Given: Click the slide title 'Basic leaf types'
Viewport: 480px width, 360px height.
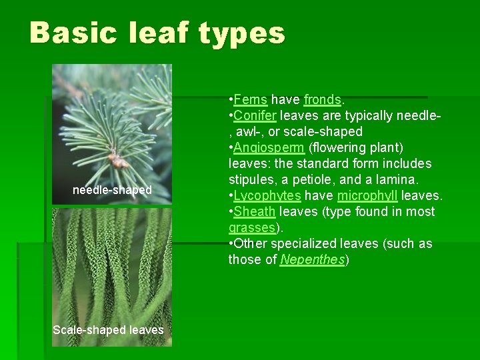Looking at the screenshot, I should coord(157,32).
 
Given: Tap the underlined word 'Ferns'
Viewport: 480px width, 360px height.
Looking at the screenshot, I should coord(251,99).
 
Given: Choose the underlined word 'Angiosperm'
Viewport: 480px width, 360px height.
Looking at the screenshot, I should coord(266,147).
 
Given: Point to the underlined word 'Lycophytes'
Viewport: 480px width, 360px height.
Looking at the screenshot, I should coord(267,195).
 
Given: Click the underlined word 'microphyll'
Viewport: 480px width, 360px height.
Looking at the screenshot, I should coord(368,195).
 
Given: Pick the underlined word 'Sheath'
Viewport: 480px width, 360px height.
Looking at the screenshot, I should coord(255,211).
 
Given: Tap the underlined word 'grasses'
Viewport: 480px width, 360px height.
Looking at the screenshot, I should coord(251,227).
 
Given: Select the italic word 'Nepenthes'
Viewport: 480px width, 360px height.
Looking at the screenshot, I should coord(313,259).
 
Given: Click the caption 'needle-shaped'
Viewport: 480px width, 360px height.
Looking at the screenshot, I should coord(112,190).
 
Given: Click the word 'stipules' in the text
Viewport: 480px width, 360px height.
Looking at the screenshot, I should coord(251,179).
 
